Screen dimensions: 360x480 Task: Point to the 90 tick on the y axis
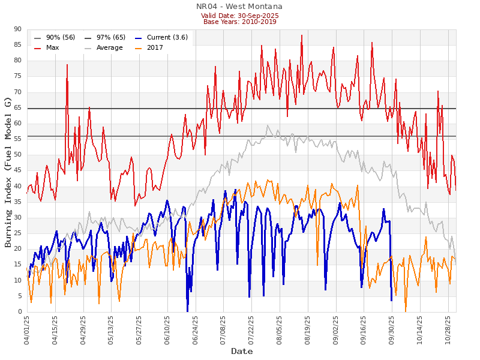click(17, 29)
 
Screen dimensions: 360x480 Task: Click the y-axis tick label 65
click(17, 107)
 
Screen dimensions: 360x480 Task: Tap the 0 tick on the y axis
click(20, 312)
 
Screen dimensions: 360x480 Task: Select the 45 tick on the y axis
click(17, 170)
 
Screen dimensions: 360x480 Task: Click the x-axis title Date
click(242, 351)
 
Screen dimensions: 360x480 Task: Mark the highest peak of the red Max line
click(302, 35)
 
